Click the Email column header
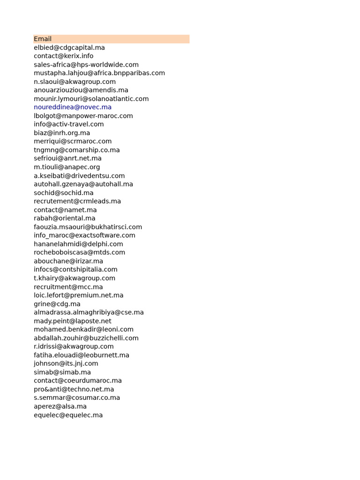click(43, 39)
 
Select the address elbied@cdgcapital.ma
click(69, 48)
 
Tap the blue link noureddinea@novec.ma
click(73, 107)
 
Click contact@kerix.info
click(63, 56)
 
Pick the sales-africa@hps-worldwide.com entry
click(86, 65)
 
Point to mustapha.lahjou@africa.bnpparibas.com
click(99, 73)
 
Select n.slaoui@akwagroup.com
click(75, 82)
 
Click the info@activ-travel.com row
click(69, 124)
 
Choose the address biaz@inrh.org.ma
click(62, 133)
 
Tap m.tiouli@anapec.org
click(67, 167)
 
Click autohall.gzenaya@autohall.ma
click(83, 184)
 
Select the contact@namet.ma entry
click(65, 210)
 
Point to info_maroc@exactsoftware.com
click(84, 235)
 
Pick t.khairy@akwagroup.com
click(75, 278)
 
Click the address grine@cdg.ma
click(57, 304)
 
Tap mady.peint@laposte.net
click(73, 321)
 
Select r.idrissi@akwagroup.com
click(74, 346)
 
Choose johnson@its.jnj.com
click(66, 363)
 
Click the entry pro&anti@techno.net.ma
click(74, 389)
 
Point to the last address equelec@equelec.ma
click(68, 415)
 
